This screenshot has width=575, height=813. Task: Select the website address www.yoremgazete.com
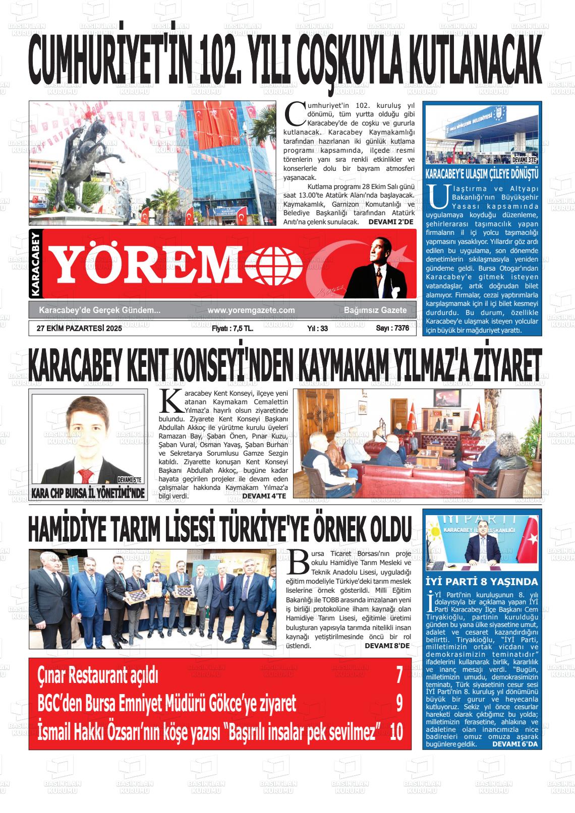[251, 310]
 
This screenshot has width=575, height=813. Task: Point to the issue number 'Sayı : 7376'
[392, 328]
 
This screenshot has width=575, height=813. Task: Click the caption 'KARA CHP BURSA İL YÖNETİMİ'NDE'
[88, 493]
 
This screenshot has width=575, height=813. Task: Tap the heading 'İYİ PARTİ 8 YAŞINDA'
[482, 582]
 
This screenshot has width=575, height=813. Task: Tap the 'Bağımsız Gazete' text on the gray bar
[375, 310]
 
